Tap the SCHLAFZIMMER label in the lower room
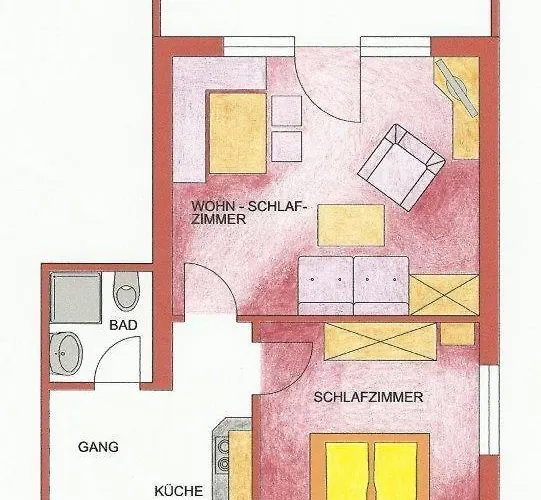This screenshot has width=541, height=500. pos(368,397)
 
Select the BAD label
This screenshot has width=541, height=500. pos(122,325)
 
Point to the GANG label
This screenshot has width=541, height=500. pos(98,447)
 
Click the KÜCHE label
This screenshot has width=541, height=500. pos(179,491)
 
